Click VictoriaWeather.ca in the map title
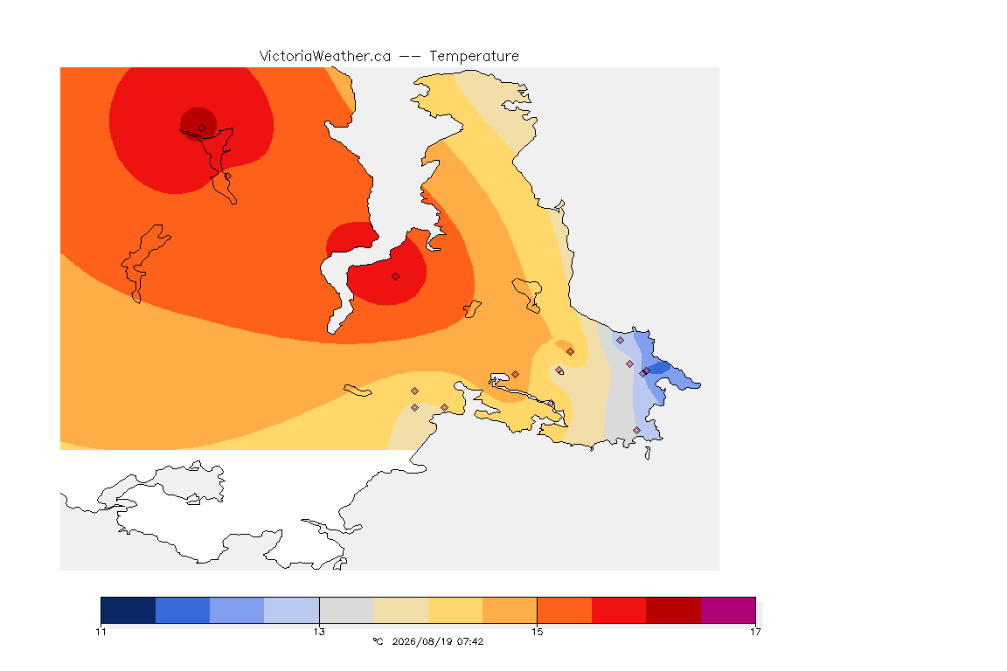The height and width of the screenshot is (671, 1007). pos(325,57)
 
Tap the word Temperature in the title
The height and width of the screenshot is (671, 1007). pos(474,57)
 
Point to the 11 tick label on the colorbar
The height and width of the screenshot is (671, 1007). pos(101,632)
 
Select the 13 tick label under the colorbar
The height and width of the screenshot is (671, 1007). pos(319,632)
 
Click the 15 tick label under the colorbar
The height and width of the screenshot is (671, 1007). pos(537,632)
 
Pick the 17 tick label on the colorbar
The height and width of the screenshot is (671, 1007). pos(755,632)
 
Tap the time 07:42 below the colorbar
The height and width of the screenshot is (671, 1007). pos(470,641)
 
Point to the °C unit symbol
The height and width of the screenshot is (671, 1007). pos(378,641)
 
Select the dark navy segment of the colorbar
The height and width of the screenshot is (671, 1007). pos(128,610)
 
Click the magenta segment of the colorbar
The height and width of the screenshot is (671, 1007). pos(727,610)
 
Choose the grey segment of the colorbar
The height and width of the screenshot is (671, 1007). pos(346,610)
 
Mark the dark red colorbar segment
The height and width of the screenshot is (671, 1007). pos(673,610)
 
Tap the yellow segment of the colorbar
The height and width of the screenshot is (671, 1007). pos(455,610)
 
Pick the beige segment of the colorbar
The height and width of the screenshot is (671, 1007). pos(400,610)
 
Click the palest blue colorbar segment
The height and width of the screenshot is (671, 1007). pos(292,610)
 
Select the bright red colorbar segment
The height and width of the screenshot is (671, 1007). pos(619,610)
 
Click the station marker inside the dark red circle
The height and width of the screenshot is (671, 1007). pos(202,128)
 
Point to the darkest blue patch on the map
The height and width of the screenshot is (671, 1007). pos(661,370)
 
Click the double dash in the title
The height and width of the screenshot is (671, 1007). pos(410,57)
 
